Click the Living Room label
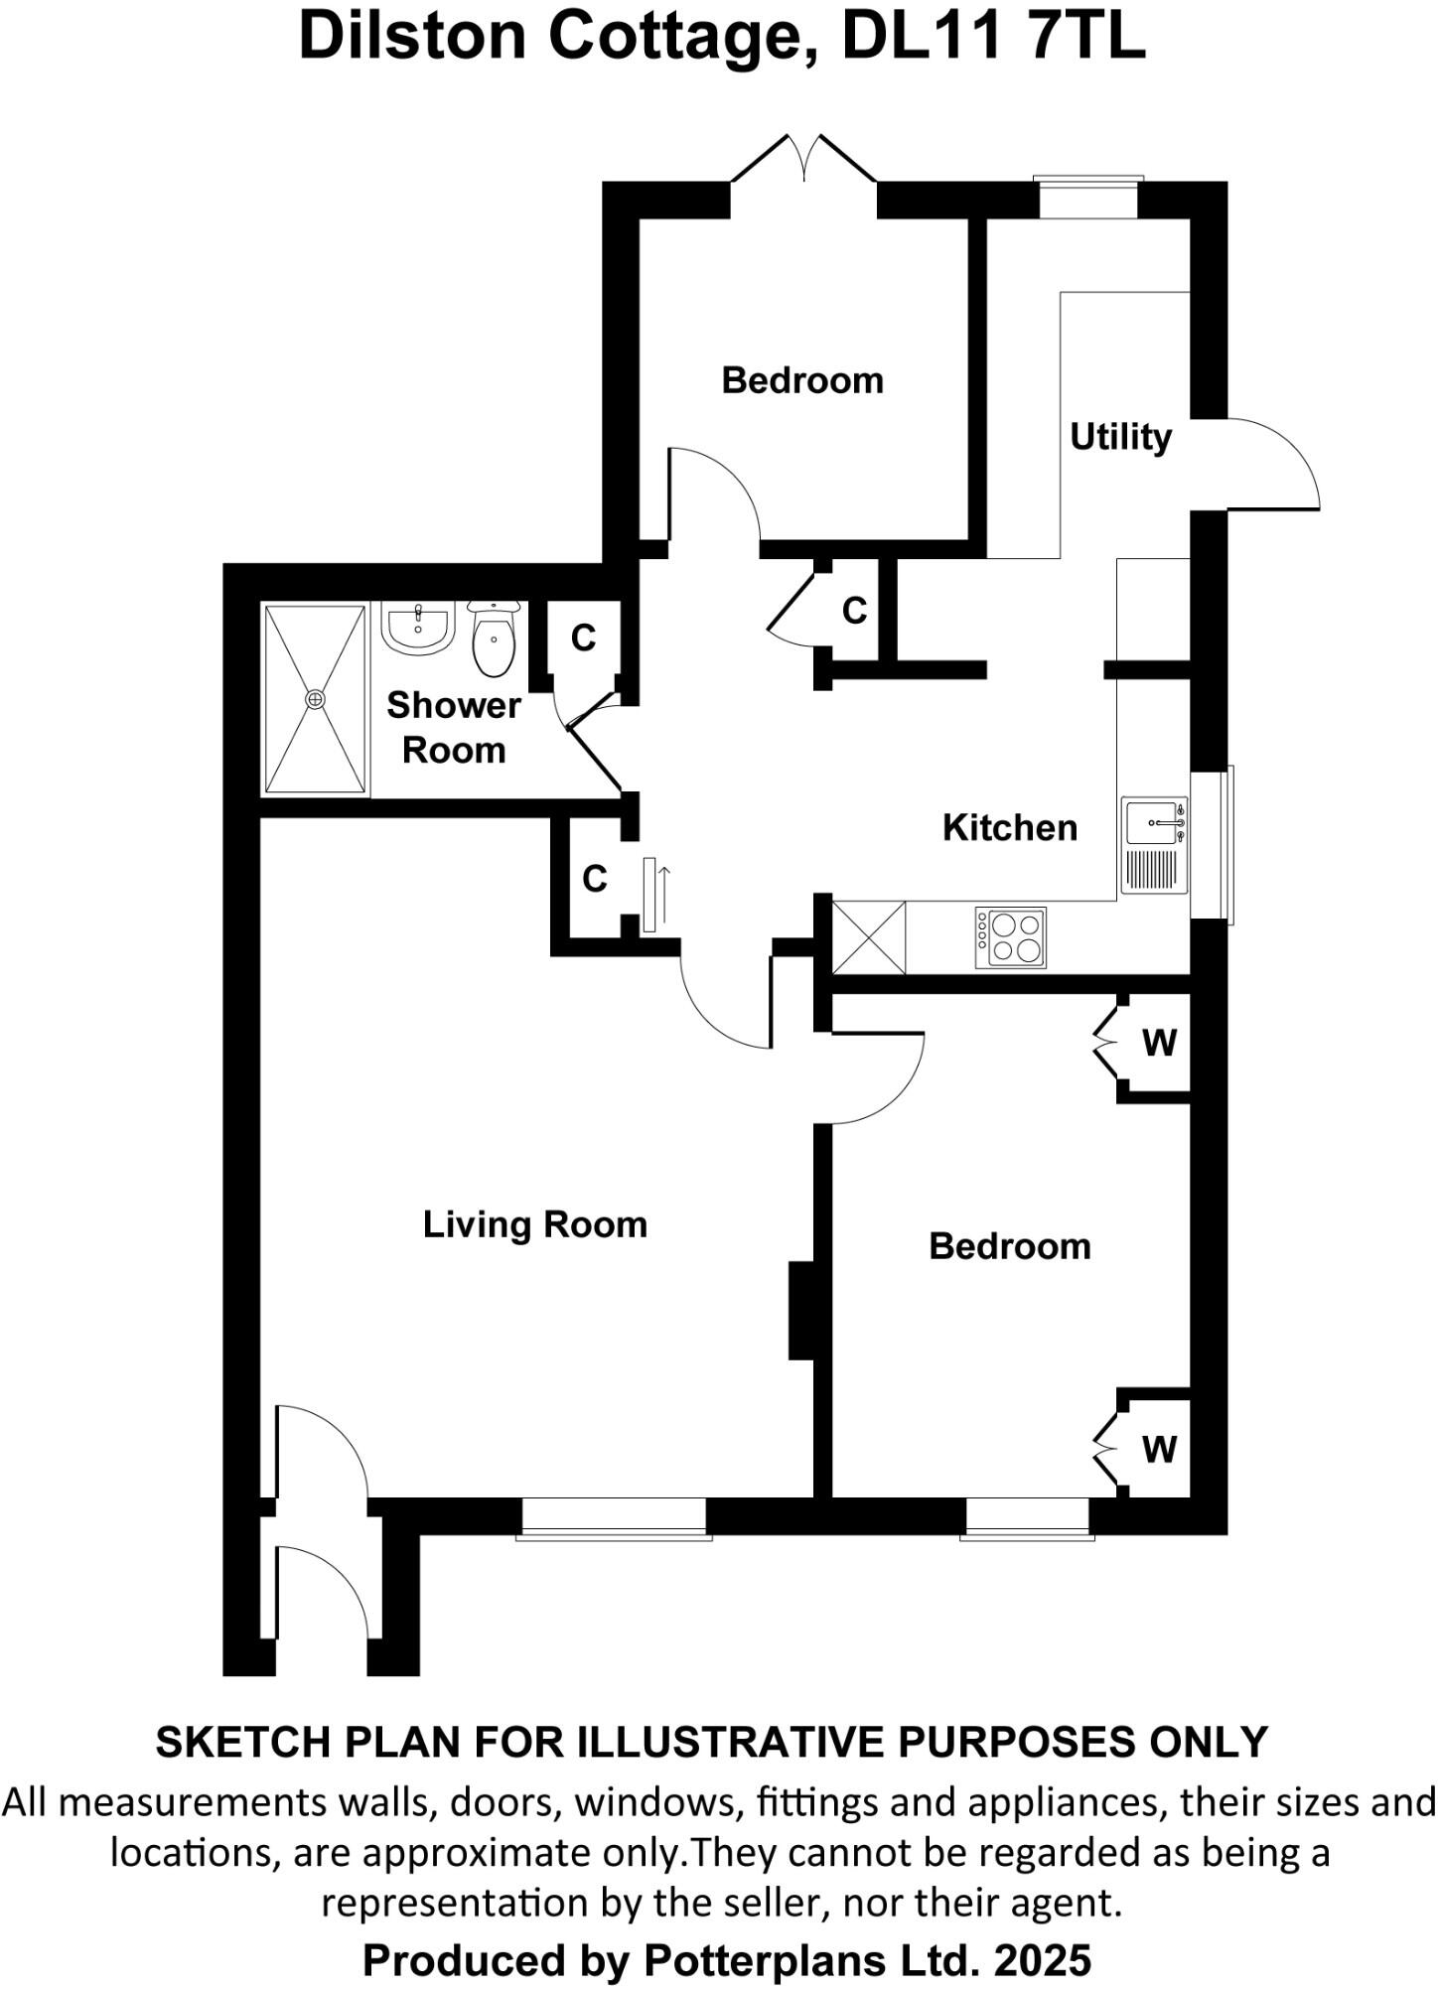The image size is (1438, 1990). tap(534, 1224)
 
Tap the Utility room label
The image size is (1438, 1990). tap(1119, 437)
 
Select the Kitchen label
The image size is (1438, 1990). tap(1009, 827)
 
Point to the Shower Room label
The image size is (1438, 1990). tap(453, 727)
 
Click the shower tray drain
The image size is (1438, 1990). tap(316, 700)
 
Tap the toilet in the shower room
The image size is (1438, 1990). tap(493, 637)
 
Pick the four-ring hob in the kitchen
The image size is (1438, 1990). tap(1011, 937)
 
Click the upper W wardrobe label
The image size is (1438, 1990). tap(1159, 1043)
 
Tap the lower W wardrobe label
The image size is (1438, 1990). tap(1159, 1449)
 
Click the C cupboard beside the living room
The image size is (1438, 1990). tap(594, 879)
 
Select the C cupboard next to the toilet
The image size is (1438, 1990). tap(583, 638)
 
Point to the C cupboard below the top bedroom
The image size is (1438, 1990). tap(854, 611)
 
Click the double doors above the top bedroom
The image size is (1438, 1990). tap(803, 159)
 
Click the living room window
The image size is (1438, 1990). tap(614, 1518)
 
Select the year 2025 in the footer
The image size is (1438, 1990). tap(1042, 1961)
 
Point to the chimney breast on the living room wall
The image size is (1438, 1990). tap(801, 1310)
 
